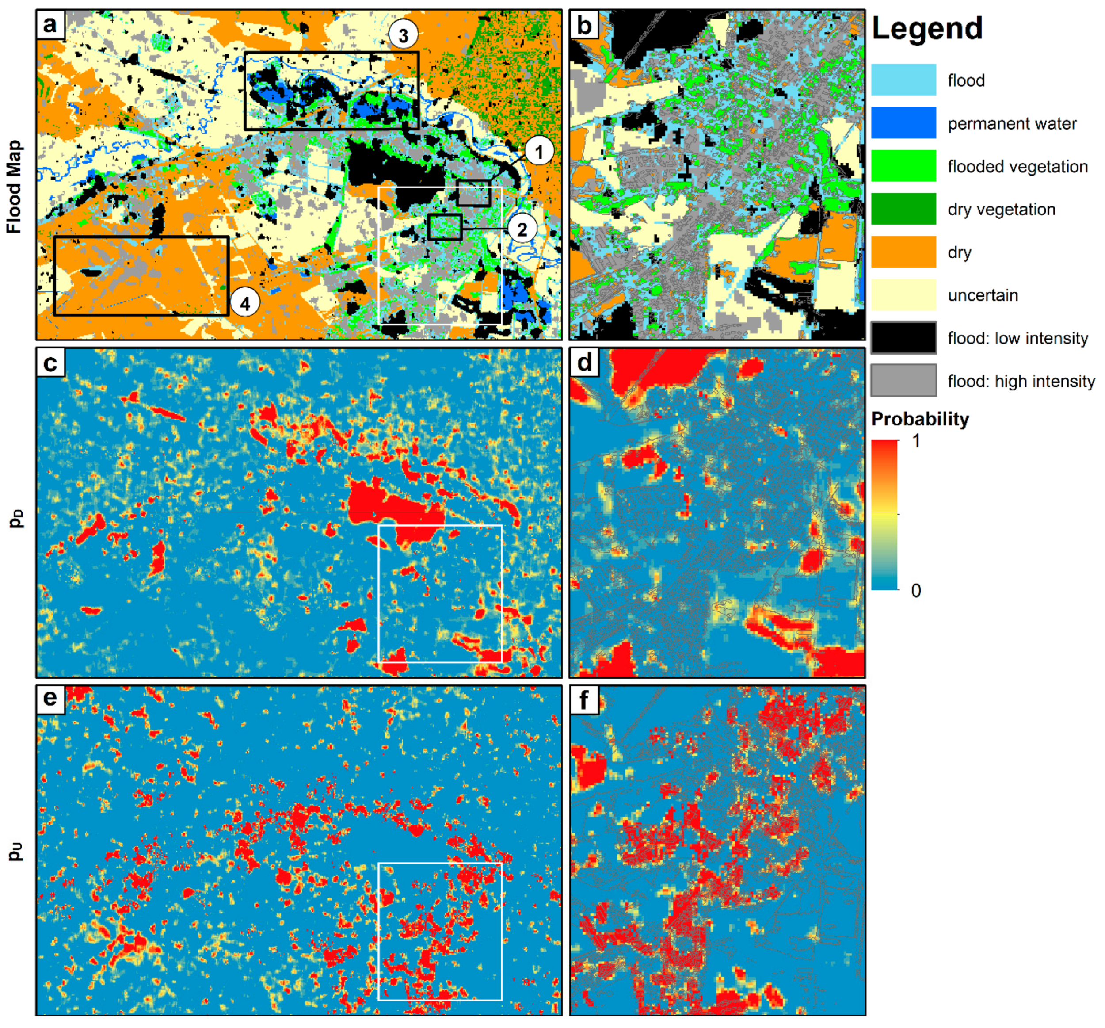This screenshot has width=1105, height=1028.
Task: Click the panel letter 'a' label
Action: (x=50, y=24)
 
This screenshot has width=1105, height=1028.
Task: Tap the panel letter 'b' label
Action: (x=583, y=24)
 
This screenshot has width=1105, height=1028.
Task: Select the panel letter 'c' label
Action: (x=50, y=363)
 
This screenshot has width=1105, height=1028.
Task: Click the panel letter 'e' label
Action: (x=50, y=698)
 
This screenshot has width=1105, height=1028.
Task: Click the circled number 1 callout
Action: (x=538, y=151)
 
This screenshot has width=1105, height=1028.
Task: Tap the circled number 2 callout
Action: (x=522, y=229)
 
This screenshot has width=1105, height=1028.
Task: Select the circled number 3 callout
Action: (x=403, y=35)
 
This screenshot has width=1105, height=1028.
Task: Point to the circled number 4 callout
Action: (x=244, y=304)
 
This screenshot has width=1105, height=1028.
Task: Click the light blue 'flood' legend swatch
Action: (x=903, y=80)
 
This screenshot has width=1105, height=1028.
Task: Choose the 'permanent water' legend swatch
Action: (x=903, y=123)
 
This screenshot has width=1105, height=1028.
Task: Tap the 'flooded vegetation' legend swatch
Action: (x=903, y=166)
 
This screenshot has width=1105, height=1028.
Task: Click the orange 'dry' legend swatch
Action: (x=903, y=252)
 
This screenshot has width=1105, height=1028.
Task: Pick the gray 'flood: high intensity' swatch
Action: (x=903, y=381)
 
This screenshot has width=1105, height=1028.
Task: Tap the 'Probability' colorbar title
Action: (x=919, y=419)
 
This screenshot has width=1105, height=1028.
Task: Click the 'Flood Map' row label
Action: (x=14, y=187)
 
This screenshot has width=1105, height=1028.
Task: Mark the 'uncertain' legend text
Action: (x=983, y=295)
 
